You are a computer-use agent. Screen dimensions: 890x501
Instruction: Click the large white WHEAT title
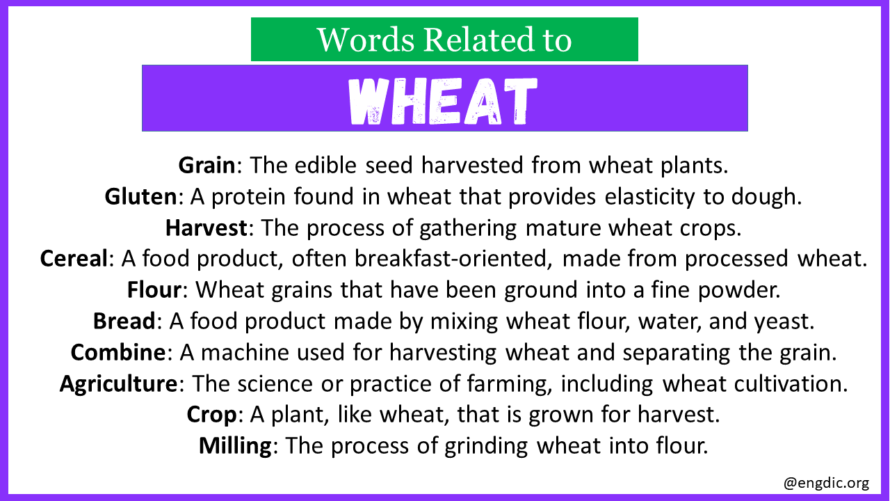(443, 101)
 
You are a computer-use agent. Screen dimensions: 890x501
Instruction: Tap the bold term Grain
(207, 165)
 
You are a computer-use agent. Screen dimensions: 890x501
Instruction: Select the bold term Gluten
(140, 196)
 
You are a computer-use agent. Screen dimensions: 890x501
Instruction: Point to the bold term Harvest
(207, 228)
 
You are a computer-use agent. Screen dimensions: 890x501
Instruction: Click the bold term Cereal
(74, 258)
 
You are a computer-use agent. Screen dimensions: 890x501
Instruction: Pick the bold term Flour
(154, 289)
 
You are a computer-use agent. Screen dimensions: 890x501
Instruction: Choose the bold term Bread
(124, 321)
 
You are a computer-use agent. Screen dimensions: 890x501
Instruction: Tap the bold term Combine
(118, 352)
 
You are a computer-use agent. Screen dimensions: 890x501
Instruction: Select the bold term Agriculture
(118, 383)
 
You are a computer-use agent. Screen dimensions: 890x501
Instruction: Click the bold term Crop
(212, 415)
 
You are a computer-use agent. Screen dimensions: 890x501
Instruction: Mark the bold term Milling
(235, 446)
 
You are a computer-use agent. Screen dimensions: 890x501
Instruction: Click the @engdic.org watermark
(826, 483)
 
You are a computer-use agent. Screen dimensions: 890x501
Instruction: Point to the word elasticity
(649, 197)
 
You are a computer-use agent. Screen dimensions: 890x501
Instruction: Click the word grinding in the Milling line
(486, 446)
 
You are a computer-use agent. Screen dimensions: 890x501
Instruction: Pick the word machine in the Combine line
(244, 353)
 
